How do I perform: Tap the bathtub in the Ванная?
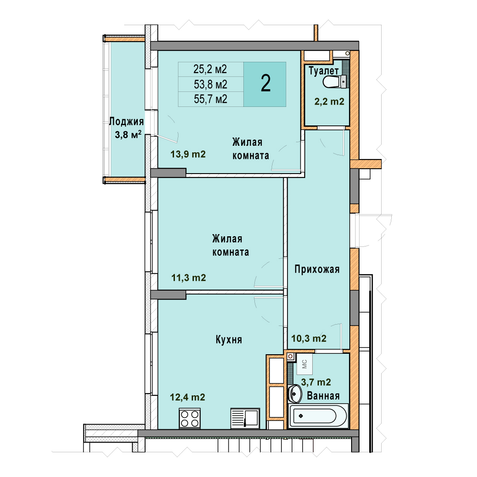click(318, 416)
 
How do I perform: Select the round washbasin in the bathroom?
click(295, 394)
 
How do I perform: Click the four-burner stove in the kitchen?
click(190, 418)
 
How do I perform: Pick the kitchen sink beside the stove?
click(245, 418)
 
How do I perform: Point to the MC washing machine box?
click(304, 364)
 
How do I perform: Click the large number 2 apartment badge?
click(265, 83)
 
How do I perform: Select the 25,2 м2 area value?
click(210, 69)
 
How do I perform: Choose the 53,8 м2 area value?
click(211, 84)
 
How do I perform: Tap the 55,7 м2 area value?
click(211, 99)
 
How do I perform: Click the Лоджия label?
click(126, 121)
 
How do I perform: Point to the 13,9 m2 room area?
click(188, 154)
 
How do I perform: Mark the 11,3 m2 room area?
click(189, 278)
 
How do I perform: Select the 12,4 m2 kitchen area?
click(187, 397)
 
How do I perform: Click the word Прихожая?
click(317, 269)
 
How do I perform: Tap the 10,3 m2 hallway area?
click(309, 338)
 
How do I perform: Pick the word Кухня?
click(229, 340)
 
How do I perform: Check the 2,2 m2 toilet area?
click(329, 101)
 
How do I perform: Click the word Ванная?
click(323, 396)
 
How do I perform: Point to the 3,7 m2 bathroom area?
click(316, 382)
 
